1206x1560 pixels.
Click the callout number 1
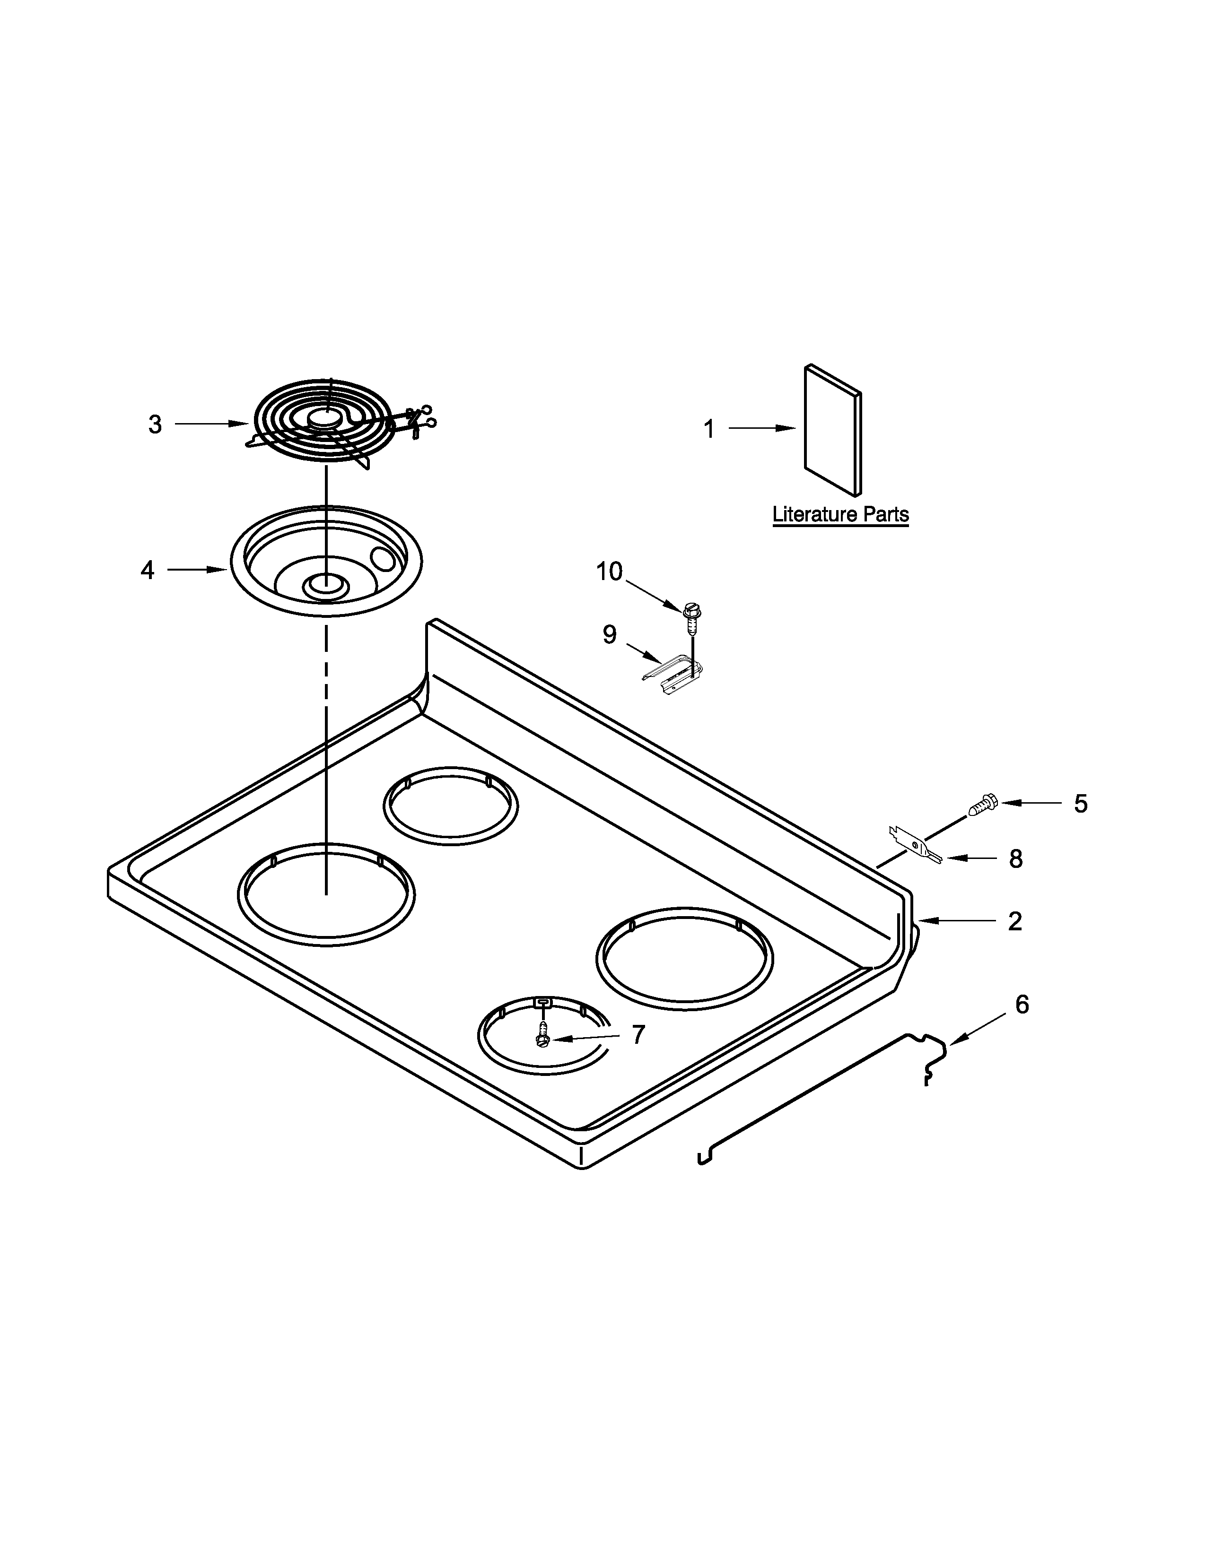tap(709, 429)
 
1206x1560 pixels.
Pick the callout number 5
tap(1080, 804)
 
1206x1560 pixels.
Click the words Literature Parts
tap(840, 514)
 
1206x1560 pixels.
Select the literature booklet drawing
tap(832, 430)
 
